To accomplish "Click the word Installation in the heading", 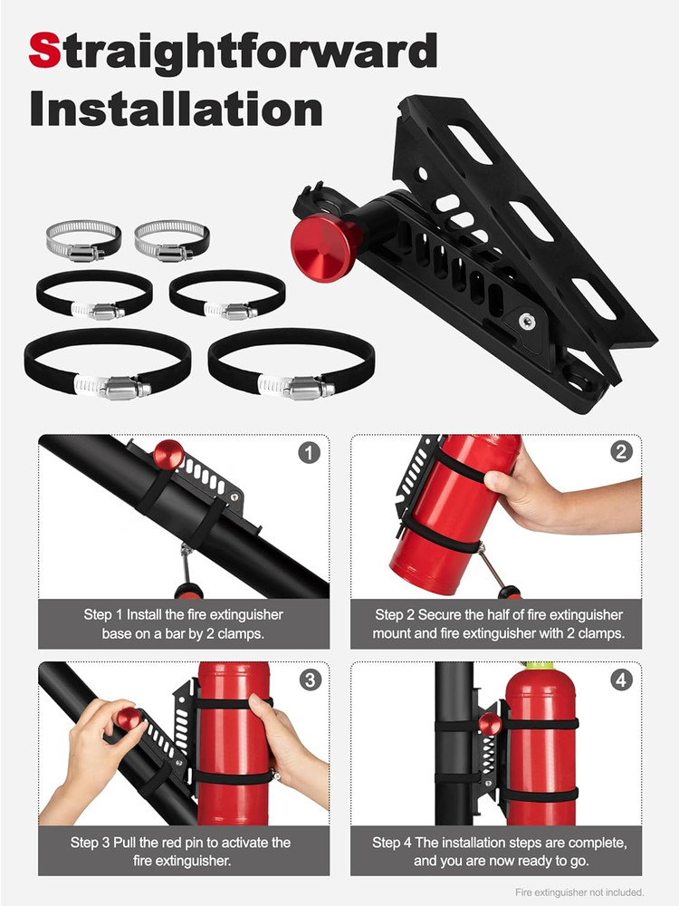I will point(176,109).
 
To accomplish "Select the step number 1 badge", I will point(309,452).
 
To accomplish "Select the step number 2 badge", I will point(621,452).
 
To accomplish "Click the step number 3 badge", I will point(309,679).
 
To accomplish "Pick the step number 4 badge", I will point(621,679).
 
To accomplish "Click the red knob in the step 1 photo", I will point(167,454).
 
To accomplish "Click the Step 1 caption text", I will point(183,624).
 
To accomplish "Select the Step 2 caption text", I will point(498,624).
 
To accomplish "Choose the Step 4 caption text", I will point(499,852).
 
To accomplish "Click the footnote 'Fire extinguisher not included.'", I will point(579,892).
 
